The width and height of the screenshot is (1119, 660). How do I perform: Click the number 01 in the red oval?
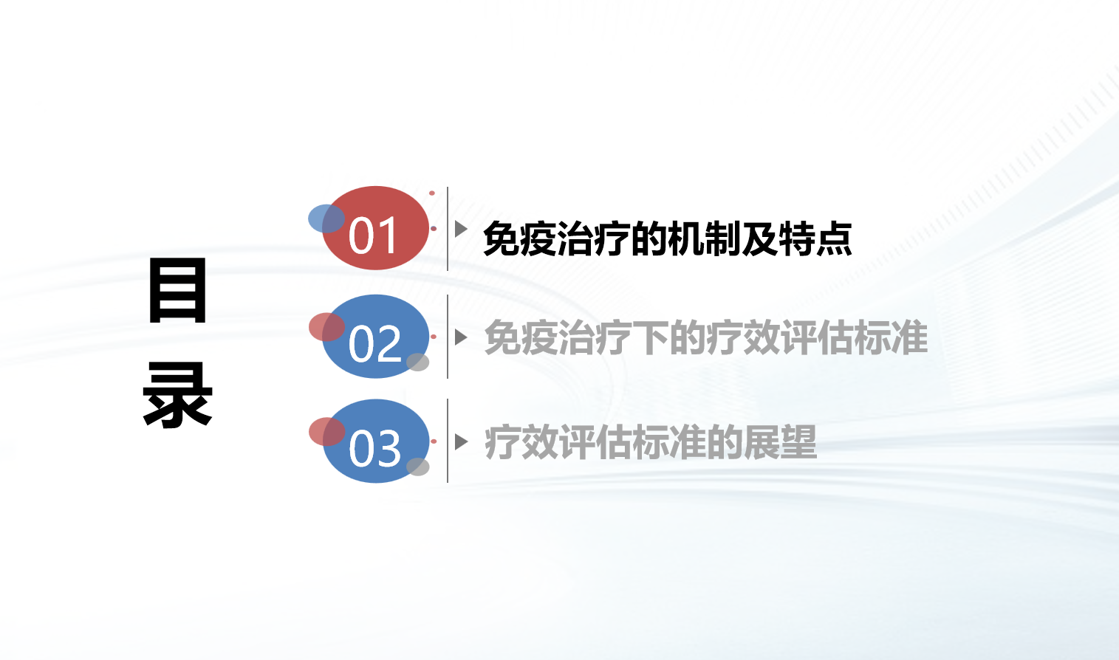373,236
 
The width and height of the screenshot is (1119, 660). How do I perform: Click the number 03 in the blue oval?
374,448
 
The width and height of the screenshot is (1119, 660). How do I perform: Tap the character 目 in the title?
177,290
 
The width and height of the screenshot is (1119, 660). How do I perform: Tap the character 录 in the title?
177,394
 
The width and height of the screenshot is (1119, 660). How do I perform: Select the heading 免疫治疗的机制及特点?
668,238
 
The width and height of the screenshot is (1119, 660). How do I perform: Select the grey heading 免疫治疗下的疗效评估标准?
706,337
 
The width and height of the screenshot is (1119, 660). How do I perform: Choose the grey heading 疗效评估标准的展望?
651,441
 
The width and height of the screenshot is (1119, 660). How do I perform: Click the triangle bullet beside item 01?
461,229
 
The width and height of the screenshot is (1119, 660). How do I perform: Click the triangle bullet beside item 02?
461,337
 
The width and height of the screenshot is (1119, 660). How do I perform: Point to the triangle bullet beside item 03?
461,441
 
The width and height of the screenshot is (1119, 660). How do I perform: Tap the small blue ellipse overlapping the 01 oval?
326,219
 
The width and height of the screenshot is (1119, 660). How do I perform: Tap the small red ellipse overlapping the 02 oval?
326,327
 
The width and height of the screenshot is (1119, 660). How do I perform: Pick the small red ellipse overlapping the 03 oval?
326,431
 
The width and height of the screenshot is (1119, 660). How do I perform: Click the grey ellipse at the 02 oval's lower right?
417,362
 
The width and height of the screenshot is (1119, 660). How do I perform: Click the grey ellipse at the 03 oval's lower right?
417,467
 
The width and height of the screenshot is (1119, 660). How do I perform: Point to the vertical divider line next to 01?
448,229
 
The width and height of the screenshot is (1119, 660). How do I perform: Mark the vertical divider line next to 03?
448,441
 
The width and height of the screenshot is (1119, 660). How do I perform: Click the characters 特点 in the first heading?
815,238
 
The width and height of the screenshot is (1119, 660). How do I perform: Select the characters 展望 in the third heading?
780,441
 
